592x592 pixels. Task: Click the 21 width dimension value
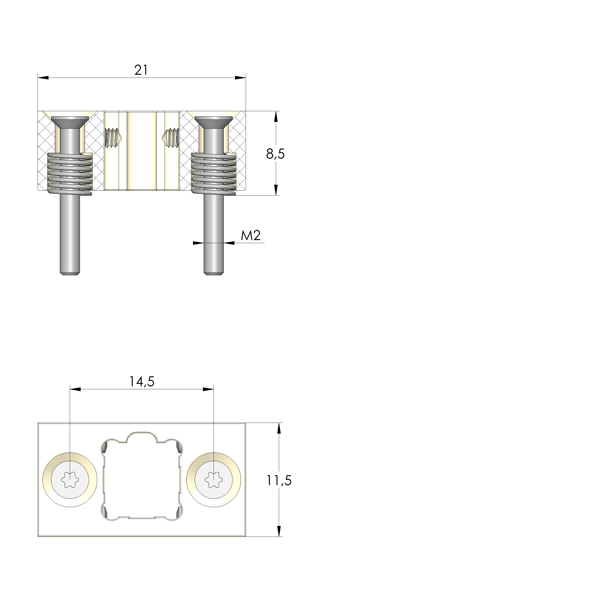141,70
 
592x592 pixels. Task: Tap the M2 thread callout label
251,235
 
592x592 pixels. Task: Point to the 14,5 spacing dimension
142,382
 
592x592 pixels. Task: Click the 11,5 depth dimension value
279,480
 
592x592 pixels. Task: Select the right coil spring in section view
214,174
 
